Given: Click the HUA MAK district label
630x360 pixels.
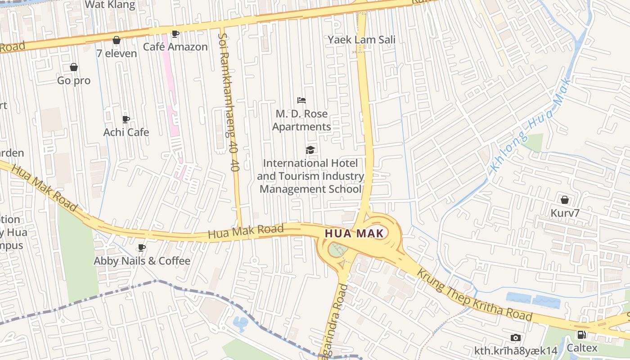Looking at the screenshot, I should click(x=354, y=233).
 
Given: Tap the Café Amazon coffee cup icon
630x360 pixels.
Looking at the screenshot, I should click(x=175, y=34).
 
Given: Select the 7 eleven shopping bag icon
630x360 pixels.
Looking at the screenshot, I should click(x=117, y=40).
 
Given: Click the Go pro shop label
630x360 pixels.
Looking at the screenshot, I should click(x=74, y=81).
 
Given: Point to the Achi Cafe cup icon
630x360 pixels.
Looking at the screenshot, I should click(x=126, y=119).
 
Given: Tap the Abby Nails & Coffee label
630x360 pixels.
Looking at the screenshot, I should click(x=142, y=261).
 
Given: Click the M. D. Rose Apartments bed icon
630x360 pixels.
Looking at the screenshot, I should click(x=301, y=100).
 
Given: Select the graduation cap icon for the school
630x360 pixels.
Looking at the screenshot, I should click(x=310, y=150).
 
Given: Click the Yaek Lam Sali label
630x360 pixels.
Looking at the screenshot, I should click(x=361, y=40).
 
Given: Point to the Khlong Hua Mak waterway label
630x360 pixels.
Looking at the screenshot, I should click(x=530, y=127).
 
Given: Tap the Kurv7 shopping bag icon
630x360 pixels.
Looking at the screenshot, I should click(x=564, y=199).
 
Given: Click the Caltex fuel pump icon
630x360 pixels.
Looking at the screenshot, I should click(x=581, y=334).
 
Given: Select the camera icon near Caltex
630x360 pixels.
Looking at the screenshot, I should click(x=516, y=337).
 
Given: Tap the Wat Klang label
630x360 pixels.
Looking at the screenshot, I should click(x=110, y=5).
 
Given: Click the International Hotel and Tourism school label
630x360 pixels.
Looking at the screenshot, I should click(x=310, y=176).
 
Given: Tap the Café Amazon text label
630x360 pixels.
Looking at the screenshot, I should click(x=175, y=47).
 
